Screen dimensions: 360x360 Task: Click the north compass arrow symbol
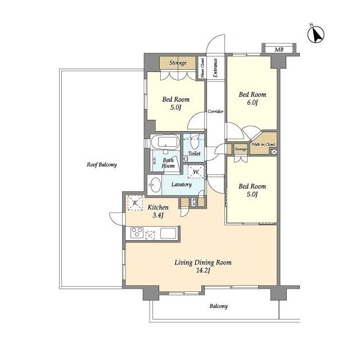click(x=316, y=35)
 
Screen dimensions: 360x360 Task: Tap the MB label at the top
click(x=279, y=49)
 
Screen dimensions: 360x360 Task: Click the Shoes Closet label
click(x=202, y=67)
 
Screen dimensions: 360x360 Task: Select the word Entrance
click(x=215, y=67)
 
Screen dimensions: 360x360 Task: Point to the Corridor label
click(x=215, y=111)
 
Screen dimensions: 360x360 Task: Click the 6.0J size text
click(x=253, y=102)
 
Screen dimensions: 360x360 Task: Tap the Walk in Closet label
click(x=263, y=145)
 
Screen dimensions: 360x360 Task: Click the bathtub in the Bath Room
click(x=165, y=142)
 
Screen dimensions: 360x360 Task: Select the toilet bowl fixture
click(x=195, y=143)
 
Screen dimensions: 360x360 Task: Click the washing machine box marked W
click(x=196, y=172)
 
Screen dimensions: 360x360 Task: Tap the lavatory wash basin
click(x=155, y=184)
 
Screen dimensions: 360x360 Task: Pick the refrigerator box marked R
click(x=135, y=202)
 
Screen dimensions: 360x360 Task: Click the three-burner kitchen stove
click(x=137, y=232)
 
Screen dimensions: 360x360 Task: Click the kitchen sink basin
click(x=168, y=233)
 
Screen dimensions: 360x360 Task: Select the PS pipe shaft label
click(x=193, y=202)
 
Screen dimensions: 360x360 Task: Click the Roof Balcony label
click(x=102, y=165)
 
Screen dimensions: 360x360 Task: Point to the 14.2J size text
click(x=203, y=271)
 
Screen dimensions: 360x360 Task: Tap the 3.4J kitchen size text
click(x=158, y=215)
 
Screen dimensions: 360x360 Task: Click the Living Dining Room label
click(x=203, y=263)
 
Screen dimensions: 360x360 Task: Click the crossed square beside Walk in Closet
click(x=274, y=152)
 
